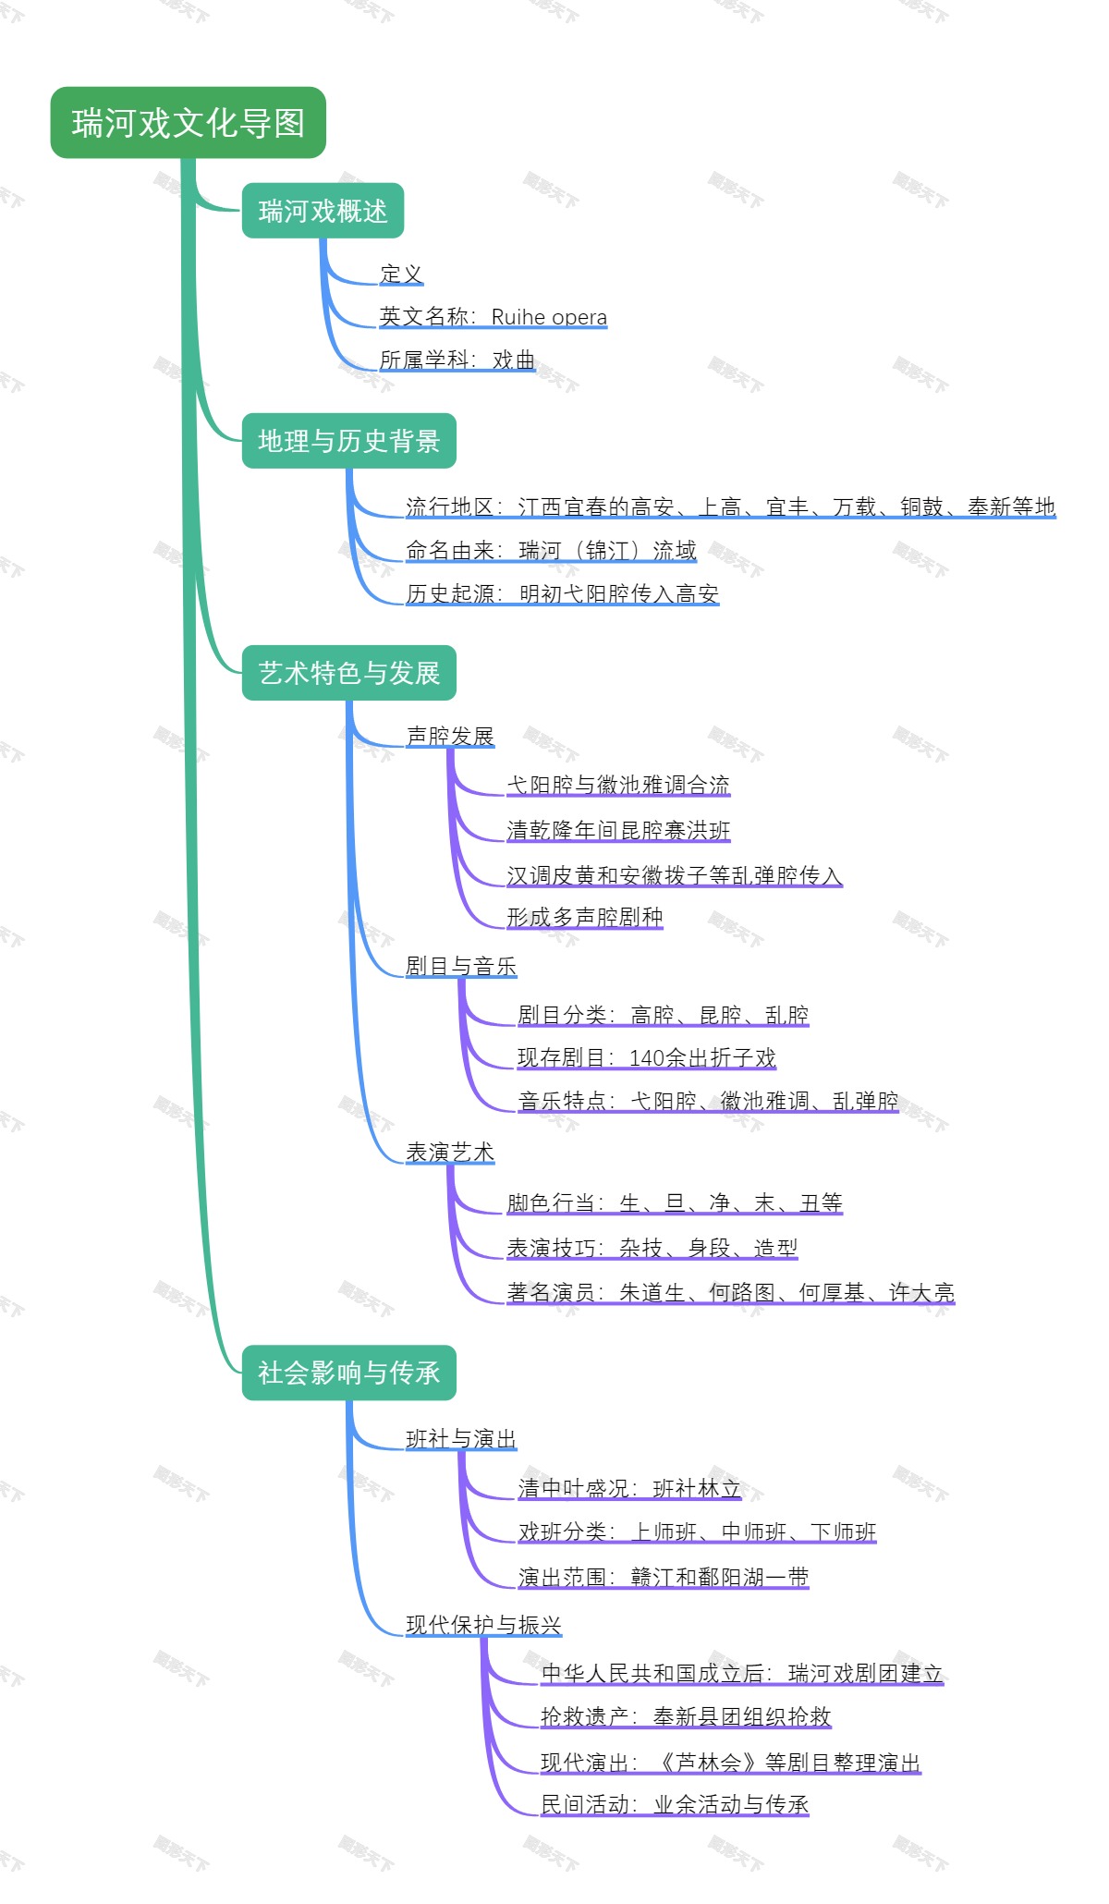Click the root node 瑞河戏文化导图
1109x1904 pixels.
pyautogui.click(x=188, y=123)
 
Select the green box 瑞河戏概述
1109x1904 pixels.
pyautogui.click(x=323, y=212)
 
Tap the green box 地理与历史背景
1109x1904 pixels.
pyautogui.click(x=348, y=441)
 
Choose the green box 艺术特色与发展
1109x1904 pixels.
pyautogui.click(x=348, y=673)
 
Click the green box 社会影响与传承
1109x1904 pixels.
pyautogui.click(x=348, y=1373)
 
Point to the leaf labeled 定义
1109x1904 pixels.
pyautogui.click(x=401, y=275)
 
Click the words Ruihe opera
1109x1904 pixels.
pyautogui.click(x=549, y=317)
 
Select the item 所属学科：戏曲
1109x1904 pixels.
pyautogui.click(x=457, y=360)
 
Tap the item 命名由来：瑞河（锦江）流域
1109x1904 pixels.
pyautogui.click(x=551, y=551)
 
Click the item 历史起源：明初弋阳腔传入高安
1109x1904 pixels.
pyautogui.click(x=562, y=593)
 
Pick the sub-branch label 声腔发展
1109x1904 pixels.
pyautogui.click(x=450, y=736)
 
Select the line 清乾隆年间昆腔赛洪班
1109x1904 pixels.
pyautogui.click(x=618, y=830)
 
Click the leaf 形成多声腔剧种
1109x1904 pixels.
pyautogui.click(x=585, y=917)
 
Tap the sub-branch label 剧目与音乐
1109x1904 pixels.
pyautogui.click(x=461, y=966)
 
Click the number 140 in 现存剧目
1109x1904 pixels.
pyautogui.click(x=647, y=1058)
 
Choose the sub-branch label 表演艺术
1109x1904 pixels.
pyautogui.click(x=450, y=1153)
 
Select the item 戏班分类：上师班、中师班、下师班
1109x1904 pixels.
pyautogui.click(x=697, y=1532)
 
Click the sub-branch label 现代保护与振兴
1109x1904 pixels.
pyautogui.click(x=483, y=1625)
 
